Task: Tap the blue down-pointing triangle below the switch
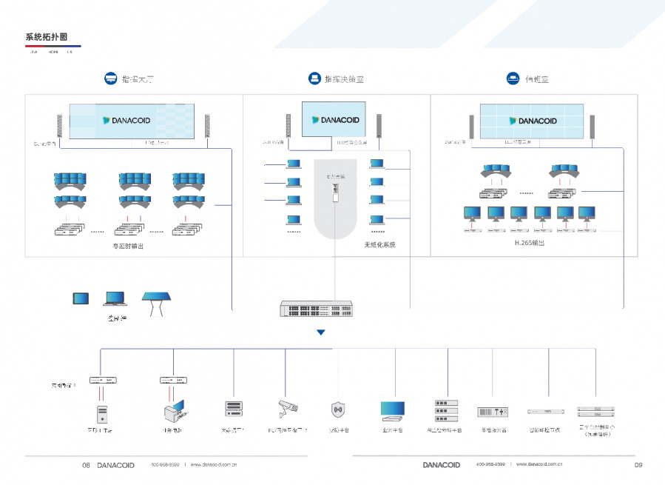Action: pos(320,332)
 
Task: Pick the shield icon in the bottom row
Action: pos(338,409)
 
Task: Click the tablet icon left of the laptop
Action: pos(81,298)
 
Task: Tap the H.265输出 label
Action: pos(529,243)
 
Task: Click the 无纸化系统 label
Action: pos(379,244)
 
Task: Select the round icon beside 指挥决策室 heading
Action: pos(313,78)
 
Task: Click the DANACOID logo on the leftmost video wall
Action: pos(127,120)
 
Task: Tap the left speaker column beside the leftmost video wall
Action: pos(59,126)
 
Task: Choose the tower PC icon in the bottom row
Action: pos(101,412)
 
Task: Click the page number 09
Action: pos(638,465)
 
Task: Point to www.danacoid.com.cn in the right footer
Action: pos(540,465)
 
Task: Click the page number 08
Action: pos(86,465)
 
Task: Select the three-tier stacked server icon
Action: pos(446,411)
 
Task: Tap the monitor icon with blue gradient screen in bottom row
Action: pos(393,409)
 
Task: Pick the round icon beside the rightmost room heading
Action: pos(512,78)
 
